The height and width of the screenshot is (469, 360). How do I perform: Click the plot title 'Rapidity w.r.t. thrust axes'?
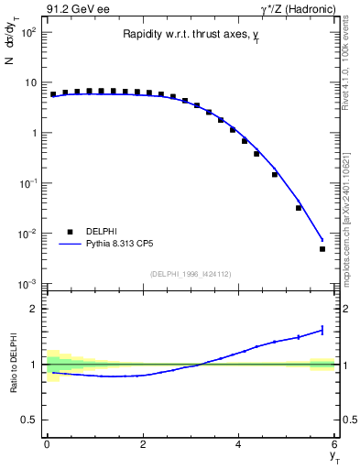pos(189,34)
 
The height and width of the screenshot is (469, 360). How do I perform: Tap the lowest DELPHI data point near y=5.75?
pos(322,248)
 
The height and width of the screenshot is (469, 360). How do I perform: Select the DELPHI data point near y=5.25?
pos(299,208)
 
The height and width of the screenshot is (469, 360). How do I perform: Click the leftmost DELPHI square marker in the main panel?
pos(53,94)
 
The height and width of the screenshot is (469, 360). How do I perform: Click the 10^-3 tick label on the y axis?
pos(27,284)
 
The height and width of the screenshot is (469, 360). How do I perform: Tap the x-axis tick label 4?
pos(238,444)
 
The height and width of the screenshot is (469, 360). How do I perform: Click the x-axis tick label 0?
pos(47,444)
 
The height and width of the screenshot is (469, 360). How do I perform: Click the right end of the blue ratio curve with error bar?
pos(322,330)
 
